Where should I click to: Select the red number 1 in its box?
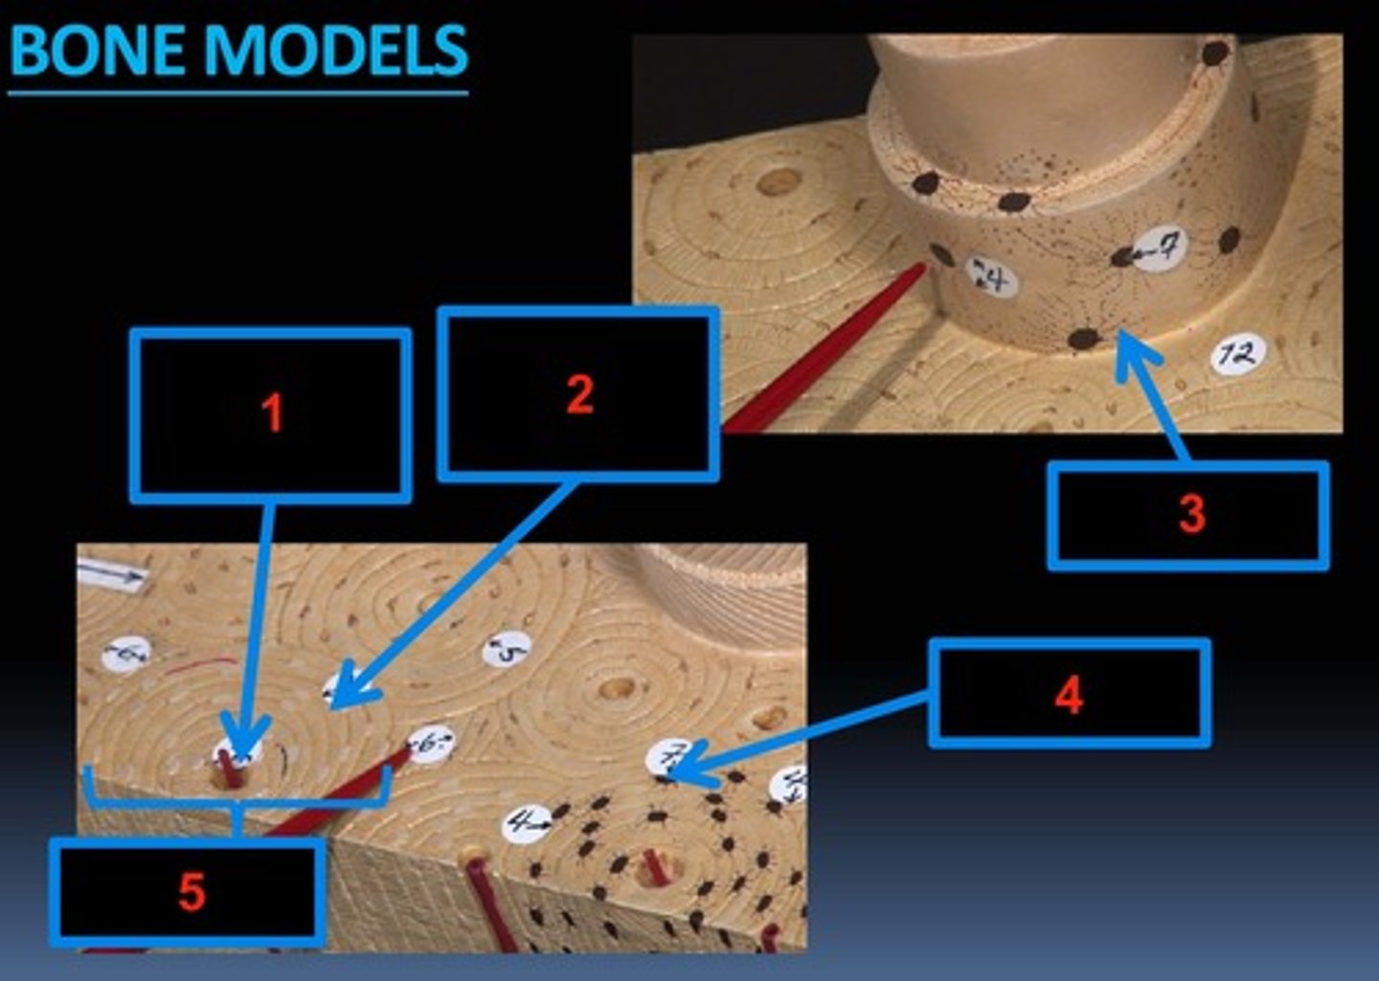point(272,413)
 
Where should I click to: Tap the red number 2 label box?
point(578,393)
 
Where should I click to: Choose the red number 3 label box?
point(1188,516)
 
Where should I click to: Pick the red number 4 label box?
point(1069,694)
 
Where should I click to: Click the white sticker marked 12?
point(1238,355)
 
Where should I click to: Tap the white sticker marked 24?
point(991,279)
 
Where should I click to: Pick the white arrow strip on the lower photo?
point(111,573)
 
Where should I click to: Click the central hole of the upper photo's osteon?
point(779,180)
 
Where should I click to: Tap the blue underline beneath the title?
point(237,93)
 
